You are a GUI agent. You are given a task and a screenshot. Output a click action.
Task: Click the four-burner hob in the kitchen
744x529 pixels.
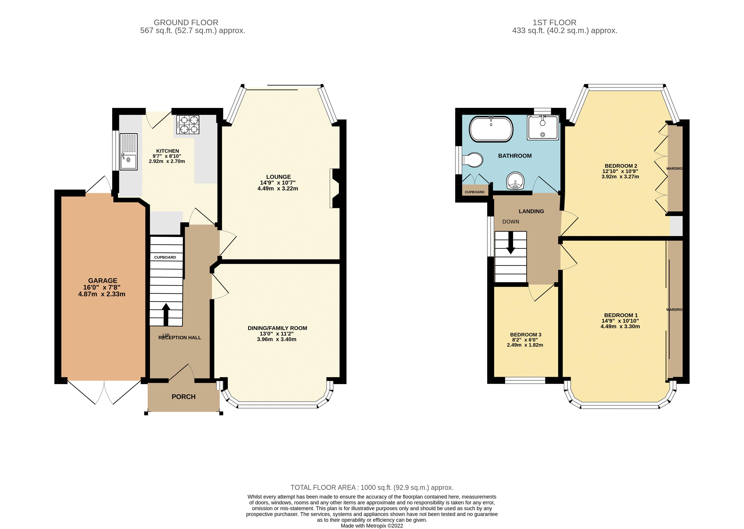pyautogui.click(x=188, y=124)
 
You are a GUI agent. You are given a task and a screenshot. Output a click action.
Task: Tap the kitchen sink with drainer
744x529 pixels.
pyautogui.click(x=128, y=152)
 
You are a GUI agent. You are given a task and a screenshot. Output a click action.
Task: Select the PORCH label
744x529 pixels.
pyautogui.click(x=184, y=397)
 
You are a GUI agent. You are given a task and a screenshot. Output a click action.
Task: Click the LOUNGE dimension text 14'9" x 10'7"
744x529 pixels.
pyautogui.click(x=278, y=183)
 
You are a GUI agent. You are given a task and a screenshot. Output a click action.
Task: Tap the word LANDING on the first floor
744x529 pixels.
pyautogui.click(x=531, y=211)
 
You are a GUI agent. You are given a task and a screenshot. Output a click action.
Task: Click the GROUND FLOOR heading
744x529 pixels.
pyautogui.click(x=186, y=22)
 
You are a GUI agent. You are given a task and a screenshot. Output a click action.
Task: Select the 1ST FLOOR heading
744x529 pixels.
pyautogui.click(x=554, y=22)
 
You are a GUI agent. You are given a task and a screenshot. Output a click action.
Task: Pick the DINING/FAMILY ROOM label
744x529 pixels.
pyautogui.click(x=277, y=328)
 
